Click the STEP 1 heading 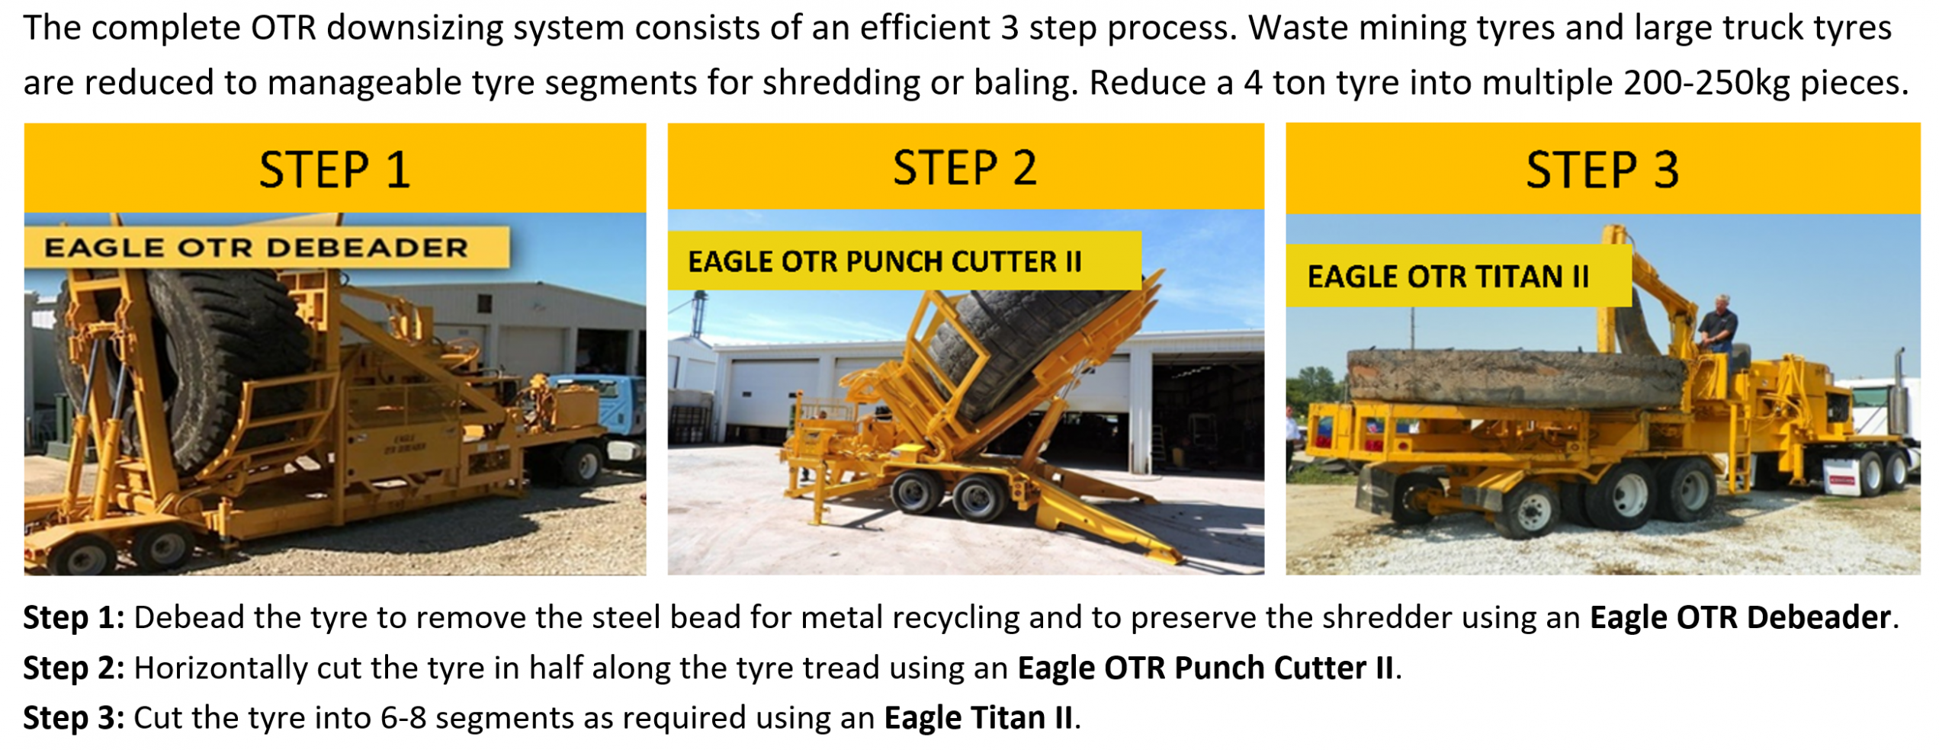pos(335,169)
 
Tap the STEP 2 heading pos(965,168)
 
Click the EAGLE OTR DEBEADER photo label pos(256,248)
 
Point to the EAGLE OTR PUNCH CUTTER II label pos(884,261)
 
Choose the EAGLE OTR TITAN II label pos(1448,276)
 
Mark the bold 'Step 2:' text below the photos pos(73,668)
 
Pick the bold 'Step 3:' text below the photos pos(73,718)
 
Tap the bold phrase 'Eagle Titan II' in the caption pos(978,718)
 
